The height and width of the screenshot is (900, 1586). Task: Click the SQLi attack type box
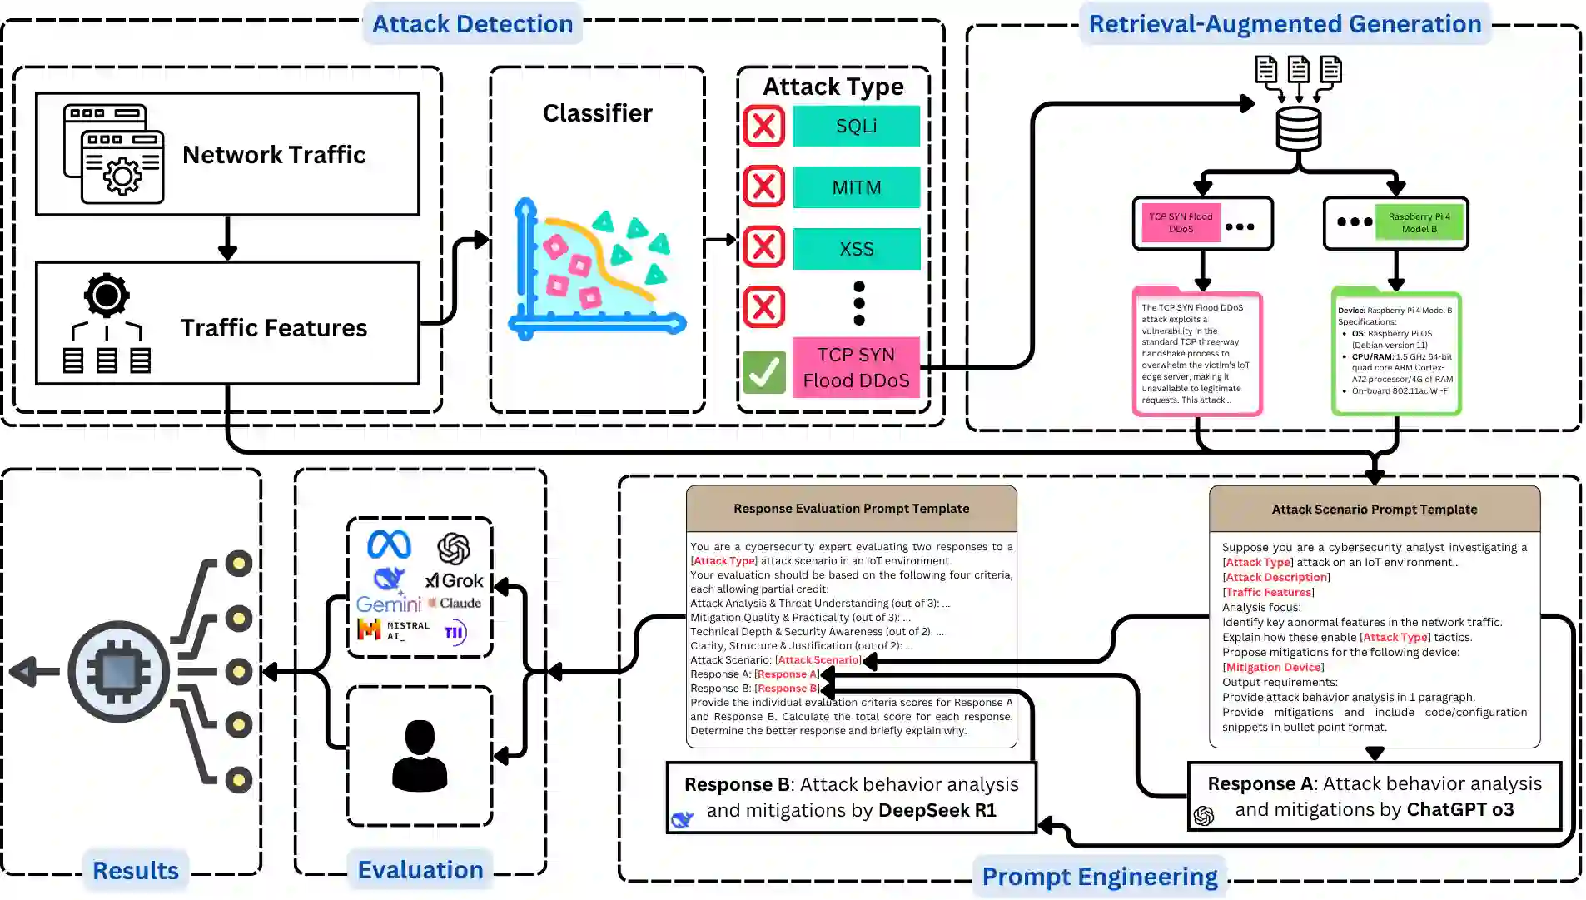856,127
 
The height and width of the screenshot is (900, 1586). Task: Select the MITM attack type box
856,187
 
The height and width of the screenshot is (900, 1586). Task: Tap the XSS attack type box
856,249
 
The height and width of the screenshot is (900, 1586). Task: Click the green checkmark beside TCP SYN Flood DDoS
763,371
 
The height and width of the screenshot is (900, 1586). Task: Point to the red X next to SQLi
763,127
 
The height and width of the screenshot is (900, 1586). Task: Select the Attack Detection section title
472,24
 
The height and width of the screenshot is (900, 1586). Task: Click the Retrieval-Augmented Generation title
1285,24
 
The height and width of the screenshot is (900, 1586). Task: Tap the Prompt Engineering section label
1099,877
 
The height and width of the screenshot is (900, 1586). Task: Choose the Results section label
136,871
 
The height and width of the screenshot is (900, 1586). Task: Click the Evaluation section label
420,870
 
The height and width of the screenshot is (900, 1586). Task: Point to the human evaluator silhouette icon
420,755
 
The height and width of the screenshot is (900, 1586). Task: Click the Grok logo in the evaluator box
455,580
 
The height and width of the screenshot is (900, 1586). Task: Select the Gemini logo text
388,604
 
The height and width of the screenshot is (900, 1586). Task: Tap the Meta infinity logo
389,545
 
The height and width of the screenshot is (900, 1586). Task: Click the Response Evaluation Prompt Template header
851,509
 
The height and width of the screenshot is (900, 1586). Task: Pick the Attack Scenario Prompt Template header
1374,510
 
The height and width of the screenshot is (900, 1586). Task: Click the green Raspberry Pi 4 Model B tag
1419,222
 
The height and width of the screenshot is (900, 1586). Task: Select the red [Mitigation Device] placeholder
1273,667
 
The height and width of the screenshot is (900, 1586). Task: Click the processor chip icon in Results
118,671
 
